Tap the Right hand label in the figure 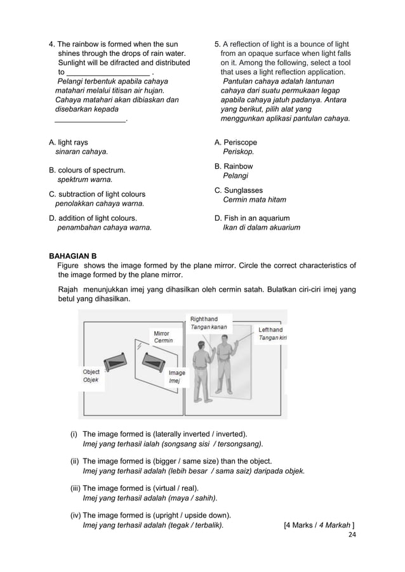204,319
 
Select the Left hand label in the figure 270,330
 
